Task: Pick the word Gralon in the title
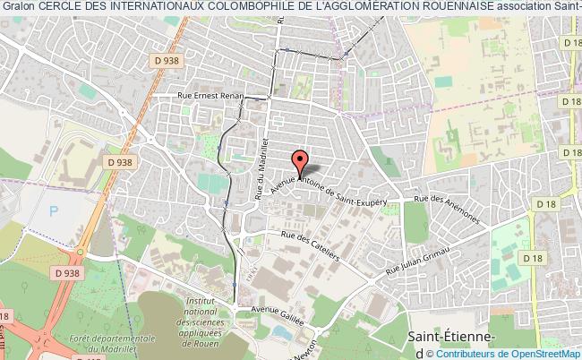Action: (18, 7)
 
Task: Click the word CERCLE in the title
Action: (57, 7)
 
